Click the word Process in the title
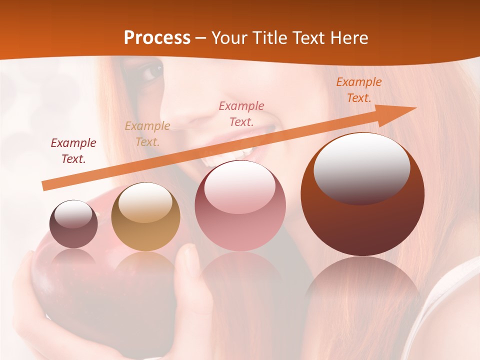(157, 38)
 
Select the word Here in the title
(348, 38)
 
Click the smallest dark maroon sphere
(73, 224)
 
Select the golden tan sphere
(145, 216)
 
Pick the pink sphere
(240, 205)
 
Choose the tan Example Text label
(147, 134)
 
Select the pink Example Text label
(241, 114)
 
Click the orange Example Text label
(359, 90)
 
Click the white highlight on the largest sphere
(361, 167)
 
